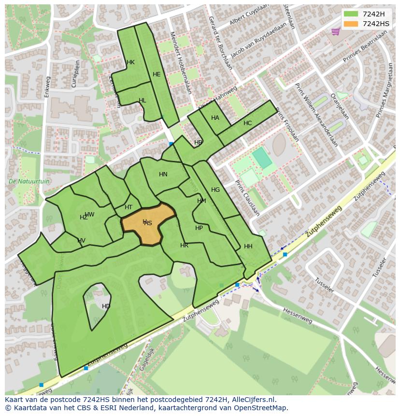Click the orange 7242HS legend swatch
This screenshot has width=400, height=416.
(351, 24)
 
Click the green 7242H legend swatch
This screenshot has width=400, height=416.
(351, 14)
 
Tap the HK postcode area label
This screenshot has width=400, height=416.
(130, 62)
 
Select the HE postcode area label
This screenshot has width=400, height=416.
(157, 74)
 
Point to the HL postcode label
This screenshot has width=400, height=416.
(142, 100)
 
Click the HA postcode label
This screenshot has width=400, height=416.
(215, 118)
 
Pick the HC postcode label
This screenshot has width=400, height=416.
(247, 123)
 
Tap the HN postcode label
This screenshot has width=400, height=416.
(163, 174)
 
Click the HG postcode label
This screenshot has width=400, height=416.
(215, 190)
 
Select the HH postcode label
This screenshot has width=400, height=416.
(248, 246)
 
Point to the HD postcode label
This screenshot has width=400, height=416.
(106, 306)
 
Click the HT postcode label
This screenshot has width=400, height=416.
(129, 207)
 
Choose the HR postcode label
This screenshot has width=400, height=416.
(184, 245)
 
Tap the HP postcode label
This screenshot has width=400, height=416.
(199, 228)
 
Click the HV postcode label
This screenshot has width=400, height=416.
(81, 241)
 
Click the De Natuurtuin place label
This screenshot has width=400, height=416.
(29, 182)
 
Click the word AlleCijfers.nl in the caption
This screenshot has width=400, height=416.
(251, 400)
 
